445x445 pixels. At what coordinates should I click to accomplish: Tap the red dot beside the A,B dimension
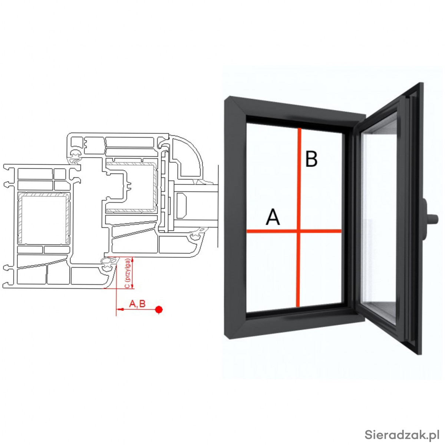pyautogui.click(x=159, y=310)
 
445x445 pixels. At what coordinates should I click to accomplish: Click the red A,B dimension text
pyautogui.click(x=137, y=304)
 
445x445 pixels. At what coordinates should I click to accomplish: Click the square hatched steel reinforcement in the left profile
pyautogui.click(x=44, y=218)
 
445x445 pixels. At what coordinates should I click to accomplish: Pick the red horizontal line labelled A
pyautogui.click(x=294, y=230)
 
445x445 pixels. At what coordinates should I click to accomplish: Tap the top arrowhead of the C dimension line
pyautogui.click(x=132, y=259)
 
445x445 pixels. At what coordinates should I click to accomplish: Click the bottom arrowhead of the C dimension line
pyautogui.click(x=132, y=286)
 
